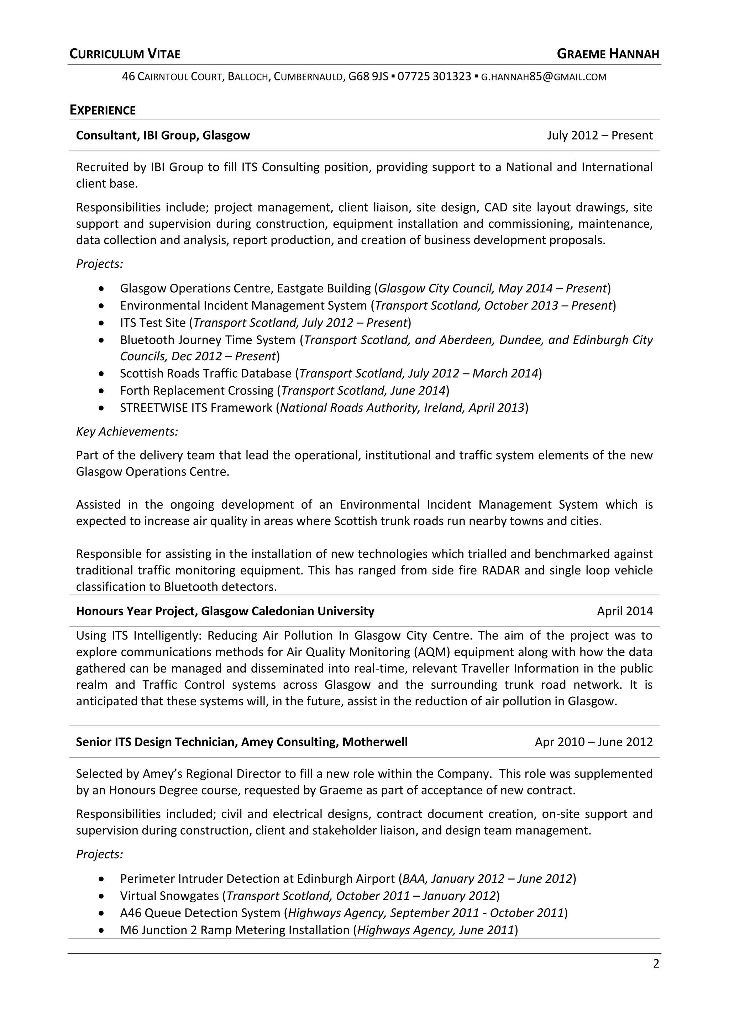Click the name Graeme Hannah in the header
[x=608, y=54]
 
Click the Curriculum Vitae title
[x=125, y=54]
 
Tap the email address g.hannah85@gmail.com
[x=543, y=77]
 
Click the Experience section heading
[x=103, y=110]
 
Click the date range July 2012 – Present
[x=599, y=136]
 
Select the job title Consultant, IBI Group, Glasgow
[x=163, y=136]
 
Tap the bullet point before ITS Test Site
[x=103, y=323]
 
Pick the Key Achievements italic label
[x=127, y=431]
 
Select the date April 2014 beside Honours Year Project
[x=624, y=611]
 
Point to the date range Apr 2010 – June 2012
[x=593, y=742]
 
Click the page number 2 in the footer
[x=656, y=963]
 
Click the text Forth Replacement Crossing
[x=196, y=391]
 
